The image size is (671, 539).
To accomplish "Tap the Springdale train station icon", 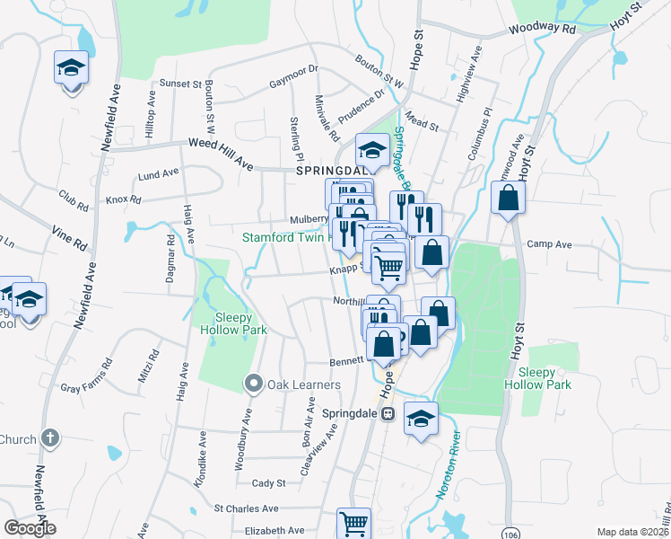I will pyautogui.click(x=388, y=414).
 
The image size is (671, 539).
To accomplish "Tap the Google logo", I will pyautogui.click(x=30, y=528).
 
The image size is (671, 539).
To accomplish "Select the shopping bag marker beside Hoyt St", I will pyautogui.click(x=508, y=199).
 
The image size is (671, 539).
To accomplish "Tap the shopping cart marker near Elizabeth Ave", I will pyautogui.click(x=353, y=523).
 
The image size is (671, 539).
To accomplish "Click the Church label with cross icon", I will pyautogui.click(x=30, y=439).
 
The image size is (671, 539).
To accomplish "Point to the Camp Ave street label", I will pyautogui.click(x=549, y=243).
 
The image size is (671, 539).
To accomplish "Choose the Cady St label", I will pyautogui.click(x=268, y=482).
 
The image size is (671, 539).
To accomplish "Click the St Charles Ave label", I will pyautogui.click(x=249, y=508).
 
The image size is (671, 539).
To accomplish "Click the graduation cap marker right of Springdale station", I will pyautogui.click(x=421, y=420).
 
